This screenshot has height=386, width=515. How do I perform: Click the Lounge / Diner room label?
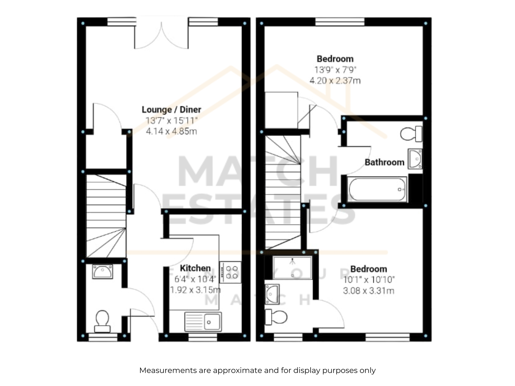[171, 110]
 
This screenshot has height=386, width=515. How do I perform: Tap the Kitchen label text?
[195, 268]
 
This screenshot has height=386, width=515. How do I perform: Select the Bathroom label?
[385, 162]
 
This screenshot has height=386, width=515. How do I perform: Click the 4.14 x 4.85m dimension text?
[171, 131]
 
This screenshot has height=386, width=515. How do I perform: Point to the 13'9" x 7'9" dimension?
[335, 69]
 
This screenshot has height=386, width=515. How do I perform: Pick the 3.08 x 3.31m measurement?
[369, 291]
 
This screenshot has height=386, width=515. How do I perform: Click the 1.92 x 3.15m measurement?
[195, 290]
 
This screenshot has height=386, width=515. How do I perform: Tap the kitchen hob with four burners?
[230, 272]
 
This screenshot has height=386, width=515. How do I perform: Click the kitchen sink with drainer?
[203, 322]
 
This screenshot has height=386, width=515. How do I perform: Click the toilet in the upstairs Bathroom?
[411, 134]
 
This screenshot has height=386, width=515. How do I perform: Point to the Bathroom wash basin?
[415, 159]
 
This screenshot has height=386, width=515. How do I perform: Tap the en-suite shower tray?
[292, 268]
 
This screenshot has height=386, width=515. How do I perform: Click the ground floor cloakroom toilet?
[102, 321]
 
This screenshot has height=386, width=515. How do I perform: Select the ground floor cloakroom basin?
[103, 272]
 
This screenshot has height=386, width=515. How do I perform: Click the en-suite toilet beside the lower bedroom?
[276, 317]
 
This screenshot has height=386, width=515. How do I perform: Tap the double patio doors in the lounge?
[162, 33]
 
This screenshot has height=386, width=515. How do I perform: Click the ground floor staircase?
[106, 216]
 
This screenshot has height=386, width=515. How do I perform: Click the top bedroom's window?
[340, 22]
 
